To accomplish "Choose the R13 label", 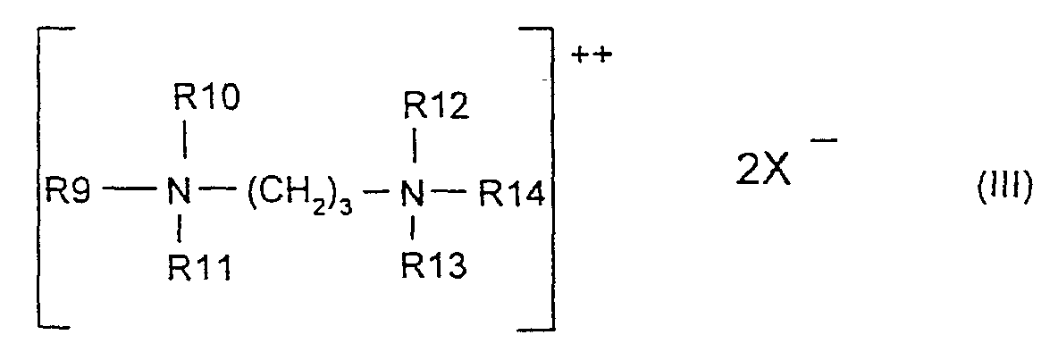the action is tap(434, 265).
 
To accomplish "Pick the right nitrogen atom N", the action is tap(411, 192).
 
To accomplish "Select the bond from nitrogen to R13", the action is tap(413, 230).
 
